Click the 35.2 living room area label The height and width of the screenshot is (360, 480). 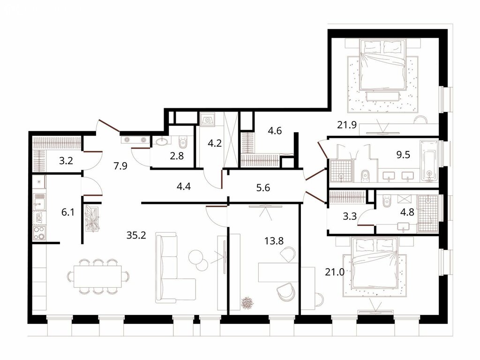click(x=136, y=235)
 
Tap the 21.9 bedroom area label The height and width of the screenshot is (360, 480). click(x=347, y=125)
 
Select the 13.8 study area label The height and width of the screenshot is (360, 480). click(x=274, y=241)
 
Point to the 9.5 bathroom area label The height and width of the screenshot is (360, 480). click(x=403, y=155)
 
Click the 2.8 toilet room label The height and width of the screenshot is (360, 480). click(x=177, y=156)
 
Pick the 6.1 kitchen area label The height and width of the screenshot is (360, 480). click(x=68, y=212)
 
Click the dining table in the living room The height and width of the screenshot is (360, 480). click(x=97, y=277)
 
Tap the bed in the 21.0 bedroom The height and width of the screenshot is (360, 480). click(x=375, y=264)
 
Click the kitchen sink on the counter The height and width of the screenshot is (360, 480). click(x=39, y=202)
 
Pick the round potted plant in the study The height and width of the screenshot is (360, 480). click(x=247, y=303)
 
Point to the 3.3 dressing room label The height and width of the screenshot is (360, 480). click(x=350, y=217)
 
